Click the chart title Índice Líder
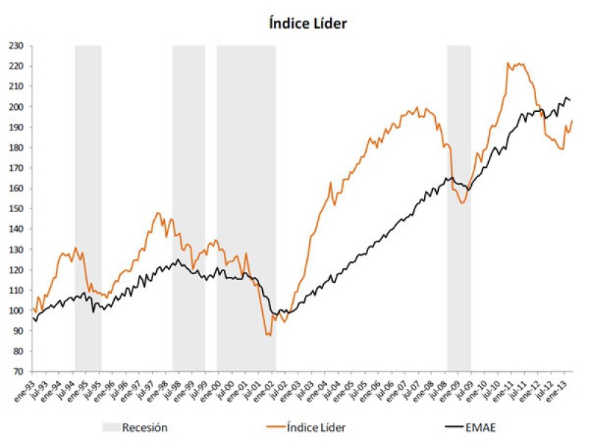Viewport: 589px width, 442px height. coord(307,23)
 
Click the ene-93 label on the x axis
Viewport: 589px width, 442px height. coord(26,387)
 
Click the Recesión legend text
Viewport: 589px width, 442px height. coord(145,427)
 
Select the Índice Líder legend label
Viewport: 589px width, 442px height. coord(314,427)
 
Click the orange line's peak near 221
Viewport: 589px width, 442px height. coord(509,63)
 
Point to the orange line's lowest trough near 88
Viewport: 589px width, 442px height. coord(269,335)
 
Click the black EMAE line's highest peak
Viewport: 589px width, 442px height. coord(566,97)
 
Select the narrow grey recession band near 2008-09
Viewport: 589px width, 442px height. coord(459,206)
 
